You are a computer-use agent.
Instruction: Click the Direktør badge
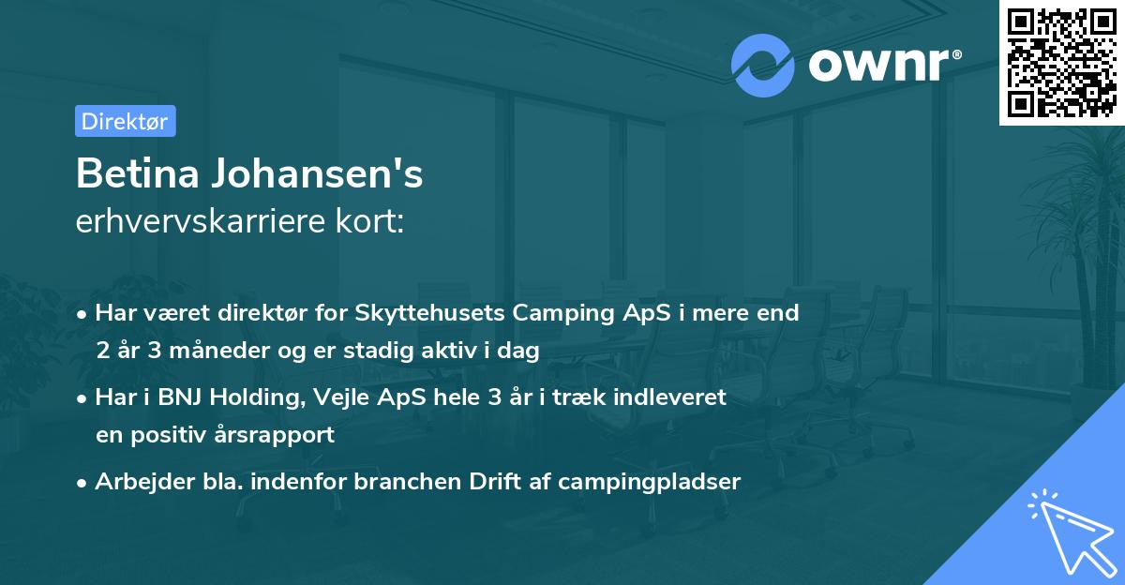[x=125, y=121]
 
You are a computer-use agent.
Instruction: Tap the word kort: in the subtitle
[x=374, y=223]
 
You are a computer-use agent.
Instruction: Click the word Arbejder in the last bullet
[x=136, y=482]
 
